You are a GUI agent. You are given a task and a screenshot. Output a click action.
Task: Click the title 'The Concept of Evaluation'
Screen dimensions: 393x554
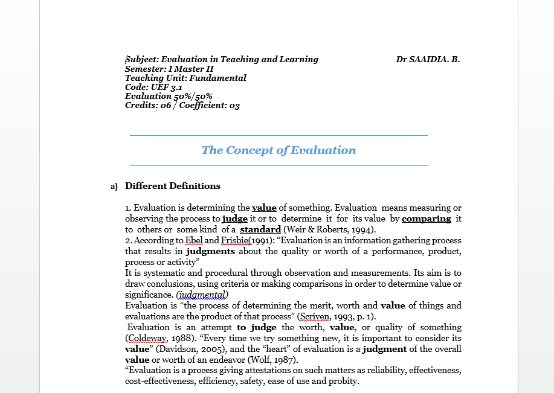coord(279,150)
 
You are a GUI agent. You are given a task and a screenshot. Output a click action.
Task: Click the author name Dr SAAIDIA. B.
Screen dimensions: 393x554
coord(428,59)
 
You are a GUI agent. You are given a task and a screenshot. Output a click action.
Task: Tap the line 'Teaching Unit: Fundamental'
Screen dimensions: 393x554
coord(185,78)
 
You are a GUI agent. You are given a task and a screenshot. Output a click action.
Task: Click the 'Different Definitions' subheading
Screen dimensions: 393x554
coord(173,186)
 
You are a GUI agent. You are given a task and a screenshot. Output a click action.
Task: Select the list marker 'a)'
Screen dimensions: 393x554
coord(114,187)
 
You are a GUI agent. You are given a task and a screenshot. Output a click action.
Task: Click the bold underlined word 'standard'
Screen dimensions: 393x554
coord(260,229)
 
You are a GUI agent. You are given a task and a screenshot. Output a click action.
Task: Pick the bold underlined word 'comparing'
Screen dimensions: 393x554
coord(427,219)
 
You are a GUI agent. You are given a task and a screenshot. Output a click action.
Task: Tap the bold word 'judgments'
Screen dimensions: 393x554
coord(210,251)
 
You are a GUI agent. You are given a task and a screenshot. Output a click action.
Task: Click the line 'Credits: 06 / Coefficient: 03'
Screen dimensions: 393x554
coord(182,105)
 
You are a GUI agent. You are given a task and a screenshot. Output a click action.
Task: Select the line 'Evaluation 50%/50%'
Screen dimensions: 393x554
coord(169,96)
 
